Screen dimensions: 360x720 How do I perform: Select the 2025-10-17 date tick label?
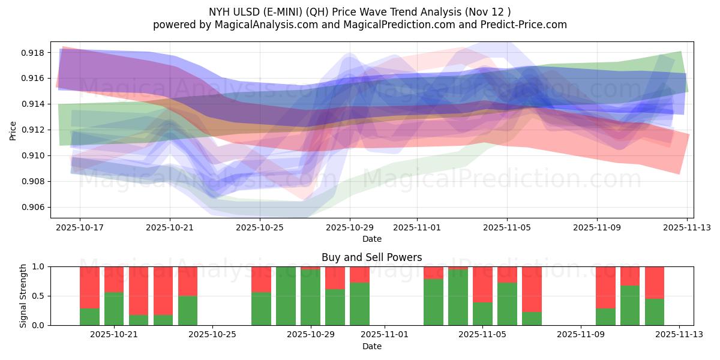[80, 228]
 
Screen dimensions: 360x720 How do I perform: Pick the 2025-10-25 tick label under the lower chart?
[213, 335]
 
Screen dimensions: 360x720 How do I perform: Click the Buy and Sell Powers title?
[371, 257]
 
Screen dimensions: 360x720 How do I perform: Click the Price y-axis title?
[13, 130]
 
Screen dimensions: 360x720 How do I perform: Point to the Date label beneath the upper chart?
[371, 239]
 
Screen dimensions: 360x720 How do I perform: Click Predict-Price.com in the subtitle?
[521, 25]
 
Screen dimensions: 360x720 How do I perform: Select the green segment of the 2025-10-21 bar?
[114, 308]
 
